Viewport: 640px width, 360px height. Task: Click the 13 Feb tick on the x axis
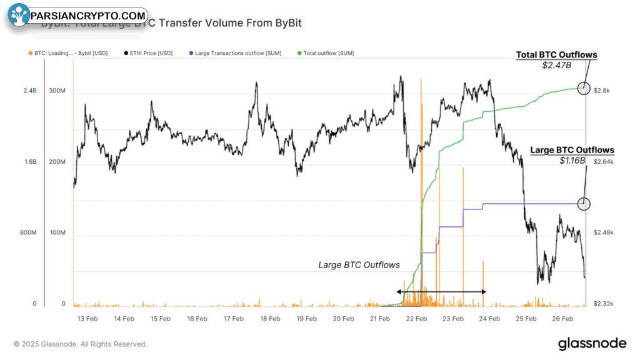87,318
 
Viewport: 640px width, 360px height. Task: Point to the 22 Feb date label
416,318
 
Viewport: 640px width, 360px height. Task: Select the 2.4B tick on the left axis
30,91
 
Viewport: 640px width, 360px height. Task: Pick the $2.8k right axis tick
602,91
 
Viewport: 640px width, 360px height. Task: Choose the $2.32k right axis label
604,304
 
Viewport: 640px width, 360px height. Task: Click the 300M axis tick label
57,91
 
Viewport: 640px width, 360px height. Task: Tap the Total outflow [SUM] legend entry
326,53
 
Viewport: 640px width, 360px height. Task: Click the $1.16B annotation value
572,160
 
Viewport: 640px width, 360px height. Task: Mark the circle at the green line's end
584,88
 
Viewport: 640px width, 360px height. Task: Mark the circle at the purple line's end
584,203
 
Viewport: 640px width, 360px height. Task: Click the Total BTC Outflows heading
556,55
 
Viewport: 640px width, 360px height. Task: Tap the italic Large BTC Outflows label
359,265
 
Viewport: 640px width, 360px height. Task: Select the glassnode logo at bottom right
592,343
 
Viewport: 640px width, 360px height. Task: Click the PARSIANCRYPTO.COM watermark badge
78,16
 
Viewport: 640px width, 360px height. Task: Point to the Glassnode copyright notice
81,344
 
